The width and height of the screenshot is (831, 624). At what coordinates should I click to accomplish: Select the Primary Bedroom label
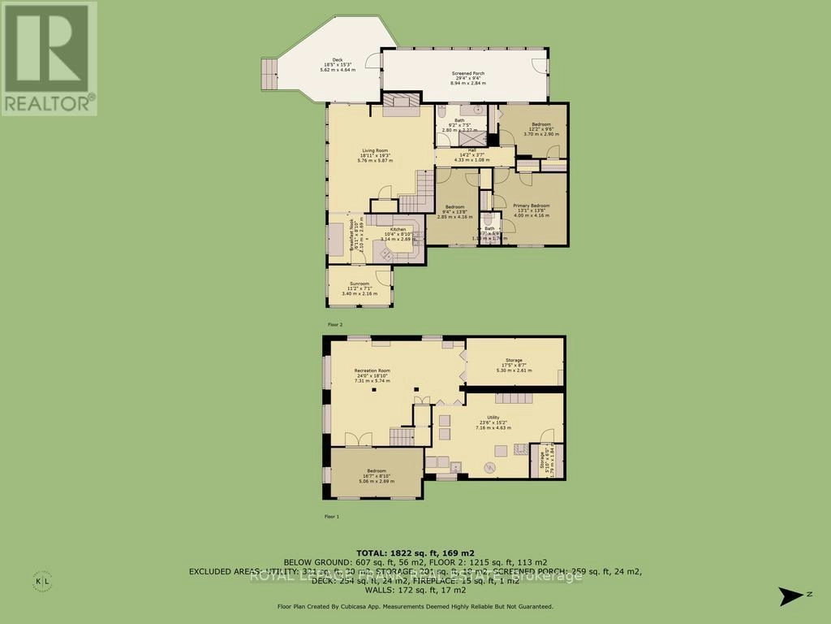531,210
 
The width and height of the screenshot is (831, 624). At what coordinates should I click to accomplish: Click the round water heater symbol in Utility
489,466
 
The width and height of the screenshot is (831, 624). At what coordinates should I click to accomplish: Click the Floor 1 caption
330,516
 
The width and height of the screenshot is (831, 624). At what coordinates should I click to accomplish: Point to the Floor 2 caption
334,323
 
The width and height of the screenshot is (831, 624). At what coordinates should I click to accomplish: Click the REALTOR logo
49,57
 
